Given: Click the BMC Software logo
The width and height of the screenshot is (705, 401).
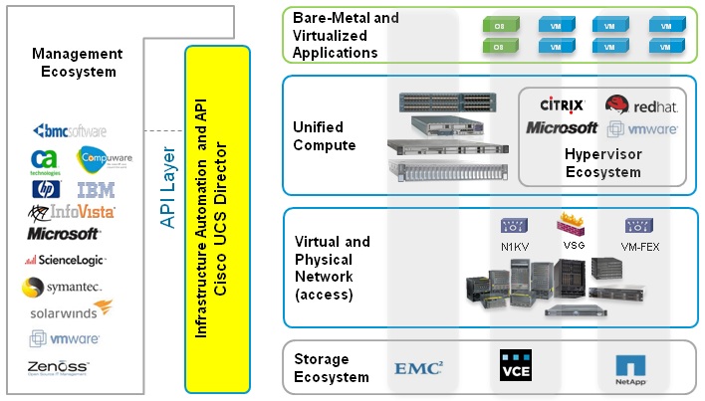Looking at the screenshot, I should (69, 130).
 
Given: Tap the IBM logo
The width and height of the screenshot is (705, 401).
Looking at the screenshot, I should (96, 189).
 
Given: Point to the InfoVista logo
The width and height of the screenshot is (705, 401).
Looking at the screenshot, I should (72, 211).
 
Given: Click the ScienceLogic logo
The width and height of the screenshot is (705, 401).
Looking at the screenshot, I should (68, 260).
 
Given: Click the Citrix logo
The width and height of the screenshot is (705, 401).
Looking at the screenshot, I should (562, 104).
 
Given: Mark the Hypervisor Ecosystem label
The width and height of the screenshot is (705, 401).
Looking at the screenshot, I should (603, 163).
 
